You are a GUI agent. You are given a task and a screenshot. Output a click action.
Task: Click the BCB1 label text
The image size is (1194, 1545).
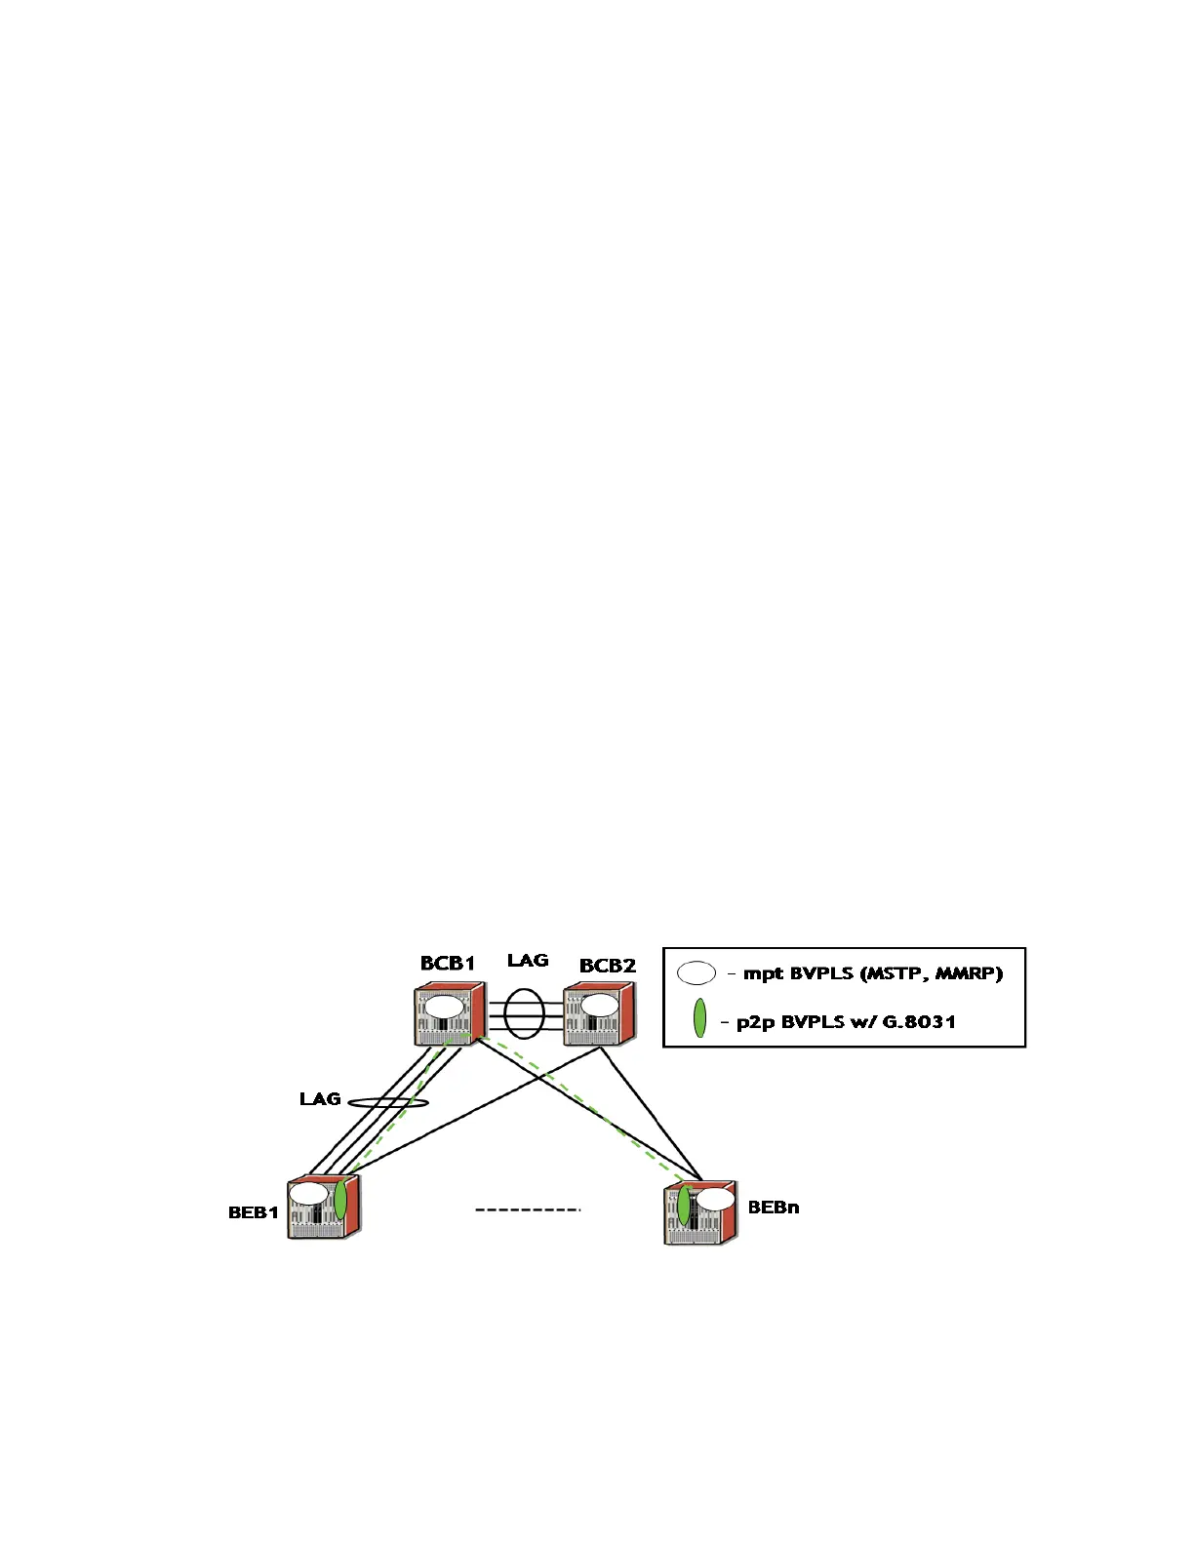[448, 964]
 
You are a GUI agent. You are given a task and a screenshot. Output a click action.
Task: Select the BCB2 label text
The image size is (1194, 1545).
[608, 966]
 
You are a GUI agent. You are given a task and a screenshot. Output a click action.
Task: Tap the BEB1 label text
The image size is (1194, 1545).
[254, 1213]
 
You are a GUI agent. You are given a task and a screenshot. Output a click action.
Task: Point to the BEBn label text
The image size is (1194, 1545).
[774, 1208]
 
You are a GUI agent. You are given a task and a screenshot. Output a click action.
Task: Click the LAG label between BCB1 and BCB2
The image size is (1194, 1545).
[528, 961]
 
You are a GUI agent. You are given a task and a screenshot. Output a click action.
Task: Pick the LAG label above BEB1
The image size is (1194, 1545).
[320, 1099]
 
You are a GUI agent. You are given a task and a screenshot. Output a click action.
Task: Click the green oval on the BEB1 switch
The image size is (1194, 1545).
[340, 1199]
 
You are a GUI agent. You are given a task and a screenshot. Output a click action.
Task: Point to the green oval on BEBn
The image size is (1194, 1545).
[685, 1205]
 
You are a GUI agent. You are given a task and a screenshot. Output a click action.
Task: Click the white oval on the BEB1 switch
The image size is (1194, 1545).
[308, 1194]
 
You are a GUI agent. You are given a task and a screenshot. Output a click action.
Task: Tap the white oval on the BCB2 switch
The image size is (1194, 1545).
[599, 1006]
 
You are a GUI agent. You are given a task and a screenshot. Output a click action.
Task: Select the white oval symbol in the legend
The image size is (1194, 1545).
[696, 973]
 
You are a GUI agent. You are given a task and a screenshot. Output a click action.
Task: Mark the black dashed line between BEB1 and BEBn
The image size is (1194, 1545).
[528, 1210]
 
